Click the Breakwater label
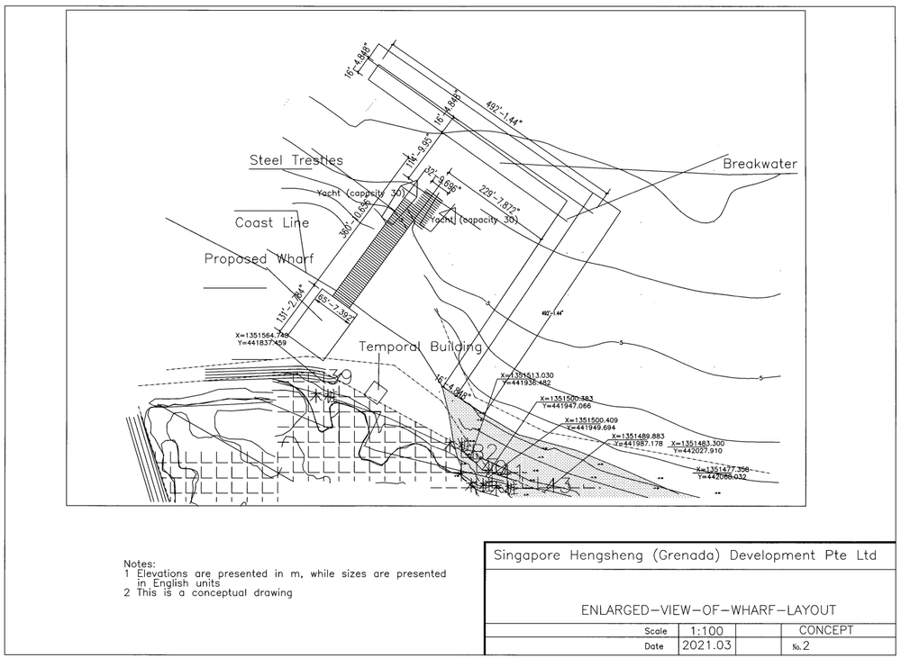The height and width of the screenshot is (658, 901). [x=760, y=164]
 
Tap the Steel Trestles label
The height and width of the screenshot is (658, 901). [x=296, y=160]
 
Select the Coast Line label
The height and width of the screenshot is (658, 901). [x=271, y=222]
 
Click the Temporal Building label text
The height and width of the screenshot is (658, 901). [x=420, y=347]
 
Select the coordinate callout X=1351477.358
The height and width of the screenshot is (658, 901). [x=722, y=469]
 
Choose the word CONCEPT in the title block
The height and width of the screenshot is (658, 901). [x=825, y=631]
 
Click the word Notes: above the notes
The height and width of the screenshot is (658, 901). [x=140, y=563]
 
